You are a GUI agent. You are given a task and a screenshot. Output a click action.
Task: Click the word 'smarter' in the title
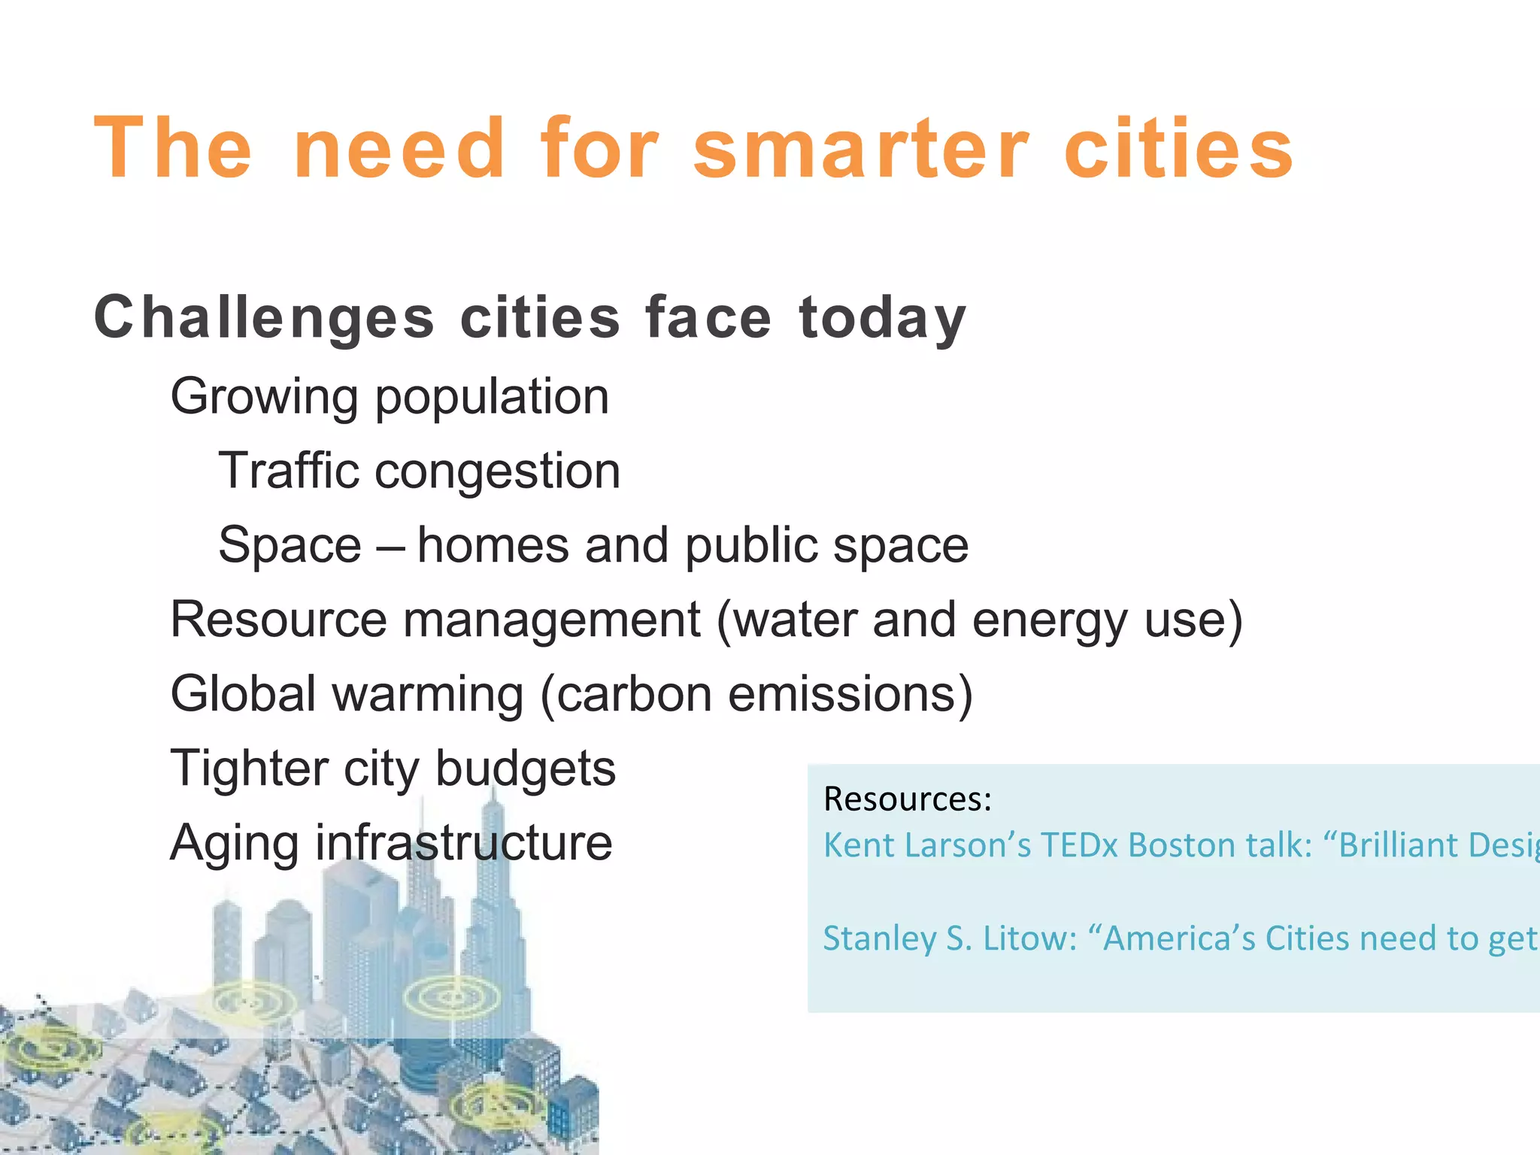[860, 150]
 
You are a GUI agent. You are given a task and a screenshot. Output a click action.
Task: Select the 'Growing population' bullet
[390, 396]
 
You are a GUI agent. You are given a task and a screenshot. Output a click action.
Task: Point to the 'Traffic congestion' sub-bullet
[419, 471]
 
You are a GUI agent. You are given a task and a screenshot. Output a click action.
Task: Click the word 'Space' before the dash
[290, 545]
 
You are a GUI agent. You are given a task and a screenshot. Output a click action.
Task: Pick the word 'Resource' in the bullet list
[278, 620]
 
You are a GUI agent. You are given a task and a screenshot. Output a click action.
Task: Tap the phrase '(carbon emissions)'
[756, 694]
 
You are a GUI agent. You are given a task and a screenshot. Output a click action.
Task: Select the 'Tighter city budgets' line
[393, 768]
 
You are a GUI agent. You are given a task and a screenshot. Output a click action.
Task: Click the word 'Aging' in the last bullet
[234, 844]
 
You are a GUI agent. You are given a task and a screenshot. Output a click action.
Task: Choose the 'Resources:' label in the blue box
[908, 799]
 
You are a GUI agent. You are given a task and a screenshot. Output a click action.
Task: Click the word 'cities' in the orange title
[1178, 150]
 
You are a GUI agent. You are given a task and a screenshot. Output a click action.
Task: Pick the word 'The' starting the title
[172, 150]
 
